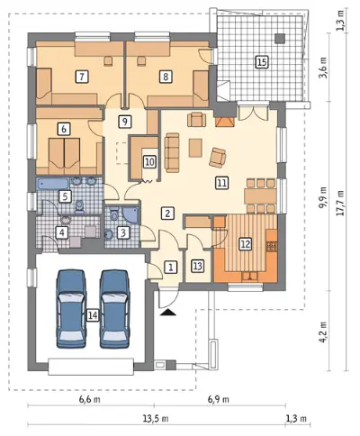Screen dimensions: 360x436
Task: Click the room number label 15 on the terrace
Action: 262,62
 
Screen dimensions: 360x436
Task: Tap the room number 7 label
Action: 82,77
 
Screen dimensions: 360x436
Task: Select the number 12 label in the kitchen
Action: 246,244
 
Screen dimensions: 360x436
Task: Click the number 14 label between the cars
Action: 93,315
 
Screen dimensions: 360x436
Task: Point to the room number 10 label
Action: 149,162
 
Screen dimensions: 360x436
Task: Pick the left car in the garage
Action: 71,309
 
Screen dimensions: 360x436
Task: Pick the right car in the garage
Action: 115,309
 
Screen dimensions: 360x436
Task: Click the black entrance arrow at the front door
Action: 168,313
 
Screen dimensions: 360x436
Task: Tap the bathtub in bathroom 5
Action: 53,184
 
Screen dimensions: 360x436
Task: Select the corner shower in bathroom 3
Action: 131,214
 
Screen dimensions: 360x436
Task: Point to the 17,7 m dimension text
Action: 340,203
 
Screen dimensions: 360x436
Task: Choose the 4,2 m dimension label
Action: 323,332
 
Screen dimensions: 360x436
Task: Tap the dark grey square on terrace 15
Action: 280,38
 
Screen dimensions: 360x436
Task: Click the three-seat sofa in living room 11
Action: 172,152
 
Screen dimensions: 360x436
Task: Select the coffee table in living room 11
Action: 195,148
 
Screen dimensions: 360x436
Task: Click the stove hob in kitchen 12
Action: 272,246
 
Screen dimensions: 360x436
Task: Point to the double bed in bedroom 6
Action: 64,155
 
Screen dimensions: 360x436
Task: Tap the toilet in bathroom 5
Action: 79,207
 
